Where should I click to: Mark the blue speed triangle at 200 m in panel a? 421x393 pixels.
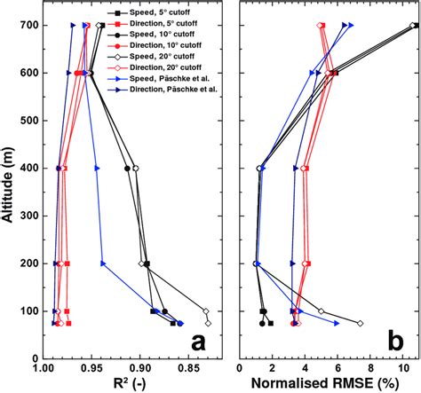(103, 263)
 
